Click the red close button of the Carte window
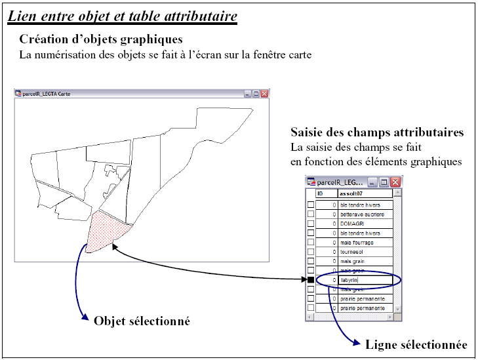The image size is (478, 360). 265,94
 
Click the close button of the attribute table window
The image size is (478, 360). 396,182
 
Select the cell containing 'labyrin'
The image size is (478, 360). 365,280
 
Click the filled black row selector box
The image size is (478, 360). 311,280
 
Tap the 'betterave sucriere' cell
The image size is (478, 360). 365,214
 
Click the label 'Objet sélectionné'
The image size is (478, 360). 142,321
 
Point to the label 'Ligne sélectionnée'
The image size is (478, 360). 416,345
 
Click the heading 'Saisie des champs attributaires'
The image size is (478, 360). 377,132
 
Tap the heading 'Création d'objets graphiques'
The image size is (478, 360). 100,39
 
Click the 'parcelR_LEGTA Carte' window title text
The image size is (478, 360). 47,94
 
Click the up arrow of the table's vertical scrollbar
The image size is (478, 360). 398,194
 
